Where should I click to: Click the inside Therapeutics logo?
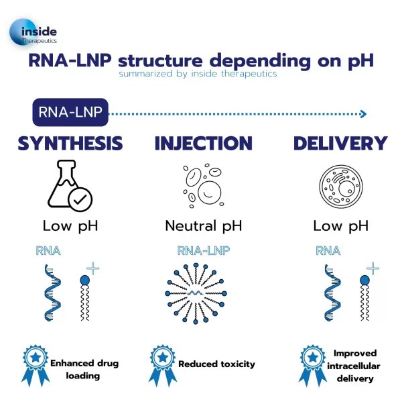click(x=33, y=34)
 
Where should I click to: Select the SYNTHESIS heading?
click(x=70, y=143)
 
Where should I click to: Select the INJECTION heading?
click(x=203, y=143)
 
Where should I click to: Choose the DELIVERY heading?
click(x=340, y=143)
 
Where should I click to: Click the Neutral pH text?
click(x=203, y=225)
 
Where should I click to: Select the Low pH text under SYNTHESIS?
click(x=70, y=225)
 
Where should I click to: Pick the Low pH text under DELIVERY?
click(x=340, y=225)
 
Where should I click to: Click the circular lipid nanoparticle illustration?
click(x=203, y=294)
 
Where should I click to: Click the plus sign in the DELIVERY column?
click(x=372, y=269)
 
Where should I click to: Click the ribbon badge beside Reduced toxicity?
click(x=161, y=365)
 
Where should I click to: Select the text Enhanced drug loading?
click(x=84, y=370)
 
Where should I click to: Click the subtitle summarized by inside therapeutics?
click(x=198, y=74)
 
